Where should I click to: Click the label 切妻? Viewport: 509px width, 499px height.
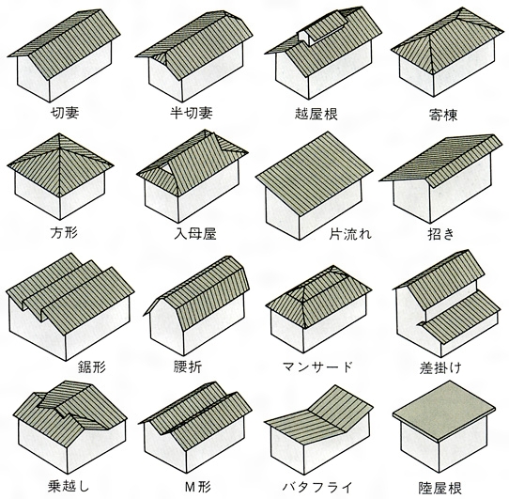[x=65, y=113]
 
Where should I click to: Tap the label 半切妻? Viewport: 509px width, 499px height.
[x=192, y=113]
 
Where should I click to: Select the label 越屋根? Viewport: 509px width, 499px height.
[x=316, y=114]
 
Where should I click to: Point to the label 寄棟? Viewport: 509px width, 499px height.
[x=443, y=115]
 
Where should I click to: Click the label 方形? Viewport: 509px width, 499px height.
[x=64, y=233]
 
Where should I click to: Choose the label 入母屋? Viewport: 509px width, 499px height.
[x=195, y=234]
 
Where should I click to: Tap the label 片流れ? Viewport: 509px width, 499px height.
[x=350, y=234]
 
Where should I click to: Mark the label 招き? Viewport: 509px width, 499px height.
[x=440, y=234]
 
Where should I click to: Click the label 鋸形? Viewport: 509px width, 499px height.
[x=92, y=367]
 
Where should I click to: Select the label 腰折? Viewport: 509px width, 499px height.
[x=188, y=367]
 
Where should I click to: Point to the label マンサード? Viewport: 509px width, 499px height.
[x=317, y=367]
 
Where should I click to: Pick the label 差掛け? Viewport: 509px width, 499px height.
[x=440, y=368]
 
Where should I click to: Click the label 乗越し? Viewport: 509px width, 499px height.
[x=69, y=486]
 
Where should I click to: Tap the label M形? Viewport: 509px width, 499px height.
[x=198, y=487]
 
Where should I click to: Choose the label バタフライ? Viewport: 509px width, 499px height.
[x=317, y=487]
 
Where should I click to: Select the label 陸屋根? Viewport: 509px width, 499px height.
[x=440, y=488]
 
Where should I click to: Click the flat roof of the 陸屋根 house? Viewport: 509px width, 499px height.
[x=444, y=410]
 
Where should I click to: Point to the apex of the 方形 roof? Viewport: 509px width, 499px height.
[x=59, y=133]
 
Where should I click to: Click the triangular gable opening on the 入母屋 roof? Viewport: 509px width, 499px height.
[x=167, y=169]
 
